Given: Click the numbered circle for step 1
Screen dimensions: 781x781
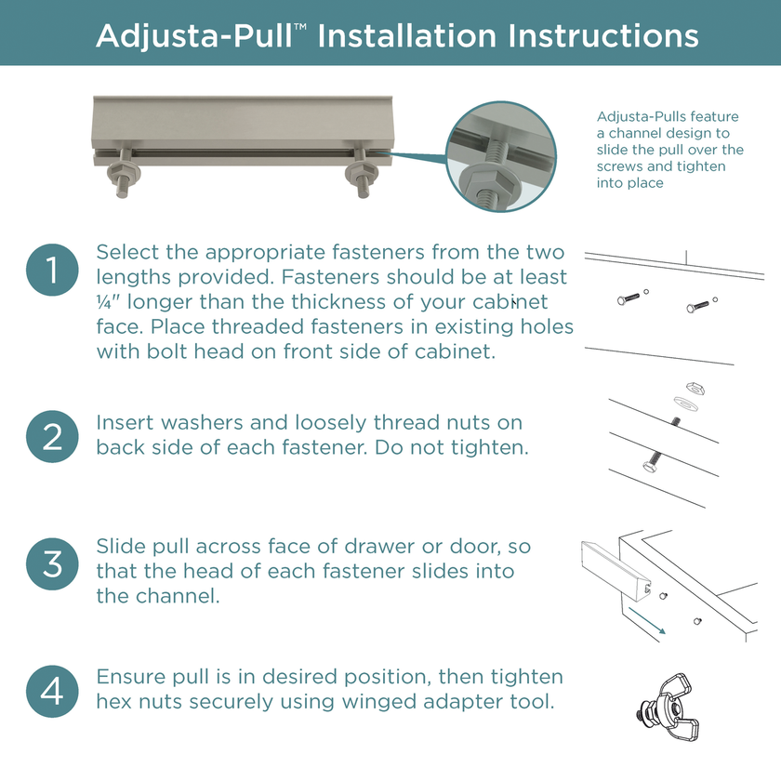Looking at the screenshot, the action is tap(52, 270).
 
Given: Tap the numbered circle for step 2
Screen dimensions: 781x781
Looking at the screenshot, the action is tap(52, 436).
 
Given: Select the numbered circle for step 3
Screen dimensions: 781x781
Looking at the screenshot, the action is tap(52, 563).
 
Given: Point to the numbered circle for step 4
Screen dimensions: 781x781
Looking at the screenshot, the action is tap(52, 692).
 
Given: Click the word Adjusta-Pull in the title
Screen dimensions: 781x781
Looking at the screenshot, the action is tap(194, 36).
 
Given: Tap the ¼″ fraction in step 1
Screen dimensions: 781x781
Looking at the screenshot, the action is tap(108, 302).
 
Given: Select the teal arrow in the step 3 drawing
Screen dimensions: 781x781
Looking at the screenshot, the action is tap(647, 621).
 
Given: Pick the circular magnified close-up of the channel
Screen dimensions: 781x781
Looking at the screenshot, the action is tap(501, 157).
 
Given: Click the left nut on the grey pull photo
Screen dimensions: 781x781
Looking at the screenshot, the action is tap(124, 174).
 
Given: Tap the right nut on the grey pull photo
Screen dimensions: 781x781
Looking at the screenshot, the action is tap(361, 173).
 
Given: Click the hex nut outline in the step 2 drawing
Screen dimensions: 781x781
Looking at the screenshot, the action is tap(695, 388).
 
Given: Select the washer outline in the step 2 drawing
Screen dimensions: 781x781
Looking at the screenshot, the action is tap(685, 404).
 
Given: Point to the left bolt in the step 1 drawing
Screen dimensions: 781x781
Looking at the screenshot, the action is tap(629, 298).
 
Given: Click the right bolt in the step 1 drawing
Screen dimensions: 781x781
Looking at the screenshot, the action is tap(698, 306).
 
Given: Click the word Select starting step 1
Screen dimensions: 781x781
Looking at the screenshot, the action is tap(128, 252).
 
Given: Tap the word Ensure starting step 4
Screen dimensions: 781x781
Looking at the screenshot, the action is tap(130, 677).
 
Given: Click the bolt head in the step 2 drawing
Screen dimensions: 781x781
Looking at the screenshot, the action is tap(649, 467).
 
